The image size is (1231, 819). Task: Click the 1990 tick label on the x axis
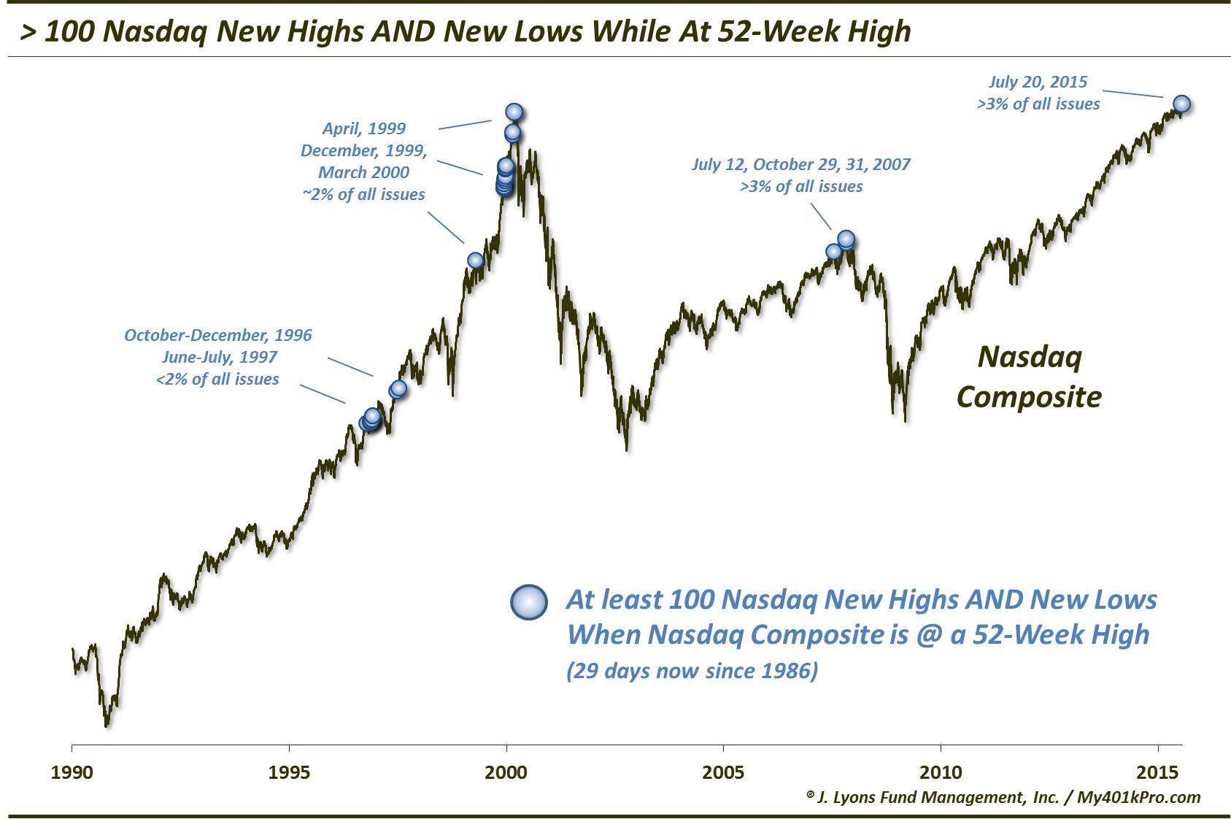click(x=72, y=772)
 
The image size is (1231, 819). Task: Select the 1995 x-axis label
click(x=289, y=772)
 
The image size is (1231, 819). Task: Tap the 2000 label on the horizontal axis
click(x=506, y=772)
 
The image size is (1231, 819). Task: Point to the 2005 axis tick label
click(x=723, y=772)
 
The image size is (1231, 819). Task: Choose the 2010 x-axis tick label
click(x=941, y=772)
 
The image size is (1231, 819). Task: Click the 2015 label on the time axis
click(x=1157, y=772)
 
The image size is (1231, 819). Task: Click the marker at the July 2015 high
click(x=1181, y=104)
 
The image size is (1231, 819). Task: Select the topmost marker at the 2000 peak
click(x=514, y=112)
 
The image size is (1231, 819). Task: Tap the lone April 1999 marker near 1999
click(x=475, y=261)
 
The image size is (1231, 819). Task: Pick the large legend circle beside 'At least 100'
click(x=528, y=603)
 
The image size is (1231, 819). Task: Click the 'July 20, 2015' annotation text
click(x=1038, y=82)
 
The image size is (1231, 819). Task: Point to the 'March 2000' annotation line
click(x=363, y=172)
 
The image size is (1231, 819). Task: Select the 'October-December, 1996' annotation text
click(x=217, y=335)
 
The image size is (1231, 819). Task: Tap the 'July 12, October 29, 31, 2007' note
click(x=800, y=164)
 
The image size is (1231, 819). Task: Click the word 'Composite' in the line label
click(x=1028, y=397)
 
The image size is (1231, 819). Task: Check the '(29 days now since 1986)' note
click(x=692, y=671)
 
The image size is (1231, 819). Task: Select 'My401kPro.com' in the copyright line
click(x=1138, y=797)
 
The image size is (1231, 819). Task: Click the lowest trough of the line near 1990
click(x=107, y=725)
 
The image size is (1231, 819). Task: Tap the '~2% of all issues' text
click(x=363, y=194)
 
